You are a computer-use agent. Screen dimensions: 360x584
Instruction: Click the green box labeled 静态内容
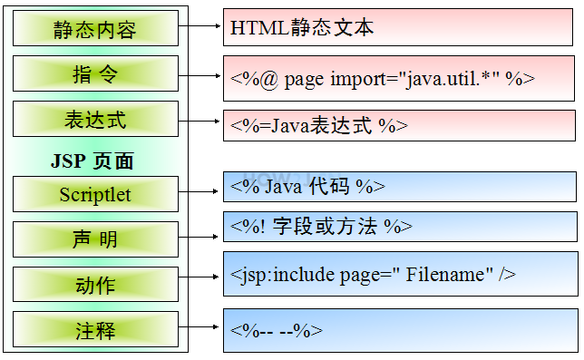(95, 30)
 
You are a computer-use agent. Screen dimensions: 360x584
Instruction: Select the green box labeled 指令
(95, 73)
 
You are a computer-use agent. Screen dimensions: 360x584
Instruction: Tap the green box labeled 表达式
(95, 120)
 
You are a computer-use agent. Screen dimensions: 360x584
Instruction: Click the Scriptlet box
(95, 194)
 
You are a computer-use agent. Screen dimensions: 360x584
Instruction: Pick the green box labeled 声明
(95, 240)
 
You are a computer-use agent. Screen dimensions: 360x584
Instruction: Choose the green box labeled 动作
(95, 284)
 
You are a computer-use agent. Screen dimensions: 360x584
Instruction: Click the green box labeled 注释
(95, 328)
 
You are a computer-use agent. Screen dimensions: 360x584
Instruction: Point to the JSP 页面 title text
(92, 161)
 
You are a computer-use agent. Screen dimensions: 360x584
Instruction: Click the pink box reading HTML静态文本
(399, 28)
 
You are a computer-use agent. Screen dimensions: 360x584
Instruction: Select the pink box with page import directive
(399, 78)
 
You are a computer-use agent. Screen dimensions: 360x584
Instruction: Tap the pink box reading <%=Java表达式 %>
(399, 125)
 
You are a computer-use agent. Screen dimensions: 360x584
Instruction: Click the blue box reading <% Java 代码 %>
(399, 186)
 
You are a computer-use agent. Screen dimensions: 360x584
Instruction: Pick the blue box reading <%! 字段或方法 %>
(399, 227)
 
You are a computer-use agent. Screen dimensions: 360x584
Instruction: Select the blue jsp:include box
(399, 274)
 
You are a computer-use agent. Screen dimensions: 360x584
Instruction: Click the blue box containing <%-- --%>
(399, 330)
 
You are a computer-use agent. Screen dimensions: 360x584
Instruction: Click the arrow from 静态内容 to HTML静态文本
(200, 27)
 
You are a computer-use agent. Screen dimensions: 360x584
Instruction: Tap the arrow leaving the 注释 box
(200, 327)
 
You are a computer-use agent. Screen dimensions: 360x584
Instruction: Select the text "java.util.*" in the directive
(450, 78)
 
